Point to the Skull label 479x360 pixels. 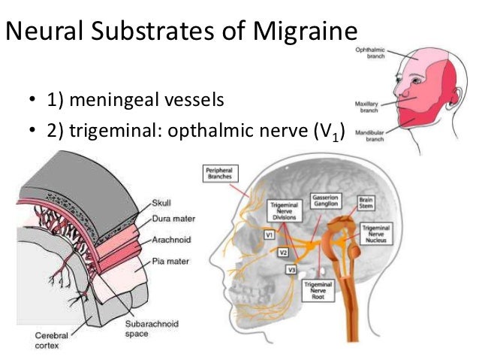click(x=161, y=203)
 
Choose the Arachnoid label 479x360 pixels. click(x=170, y=241)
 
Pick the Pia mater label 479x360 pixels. click(x=170, y=262)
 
